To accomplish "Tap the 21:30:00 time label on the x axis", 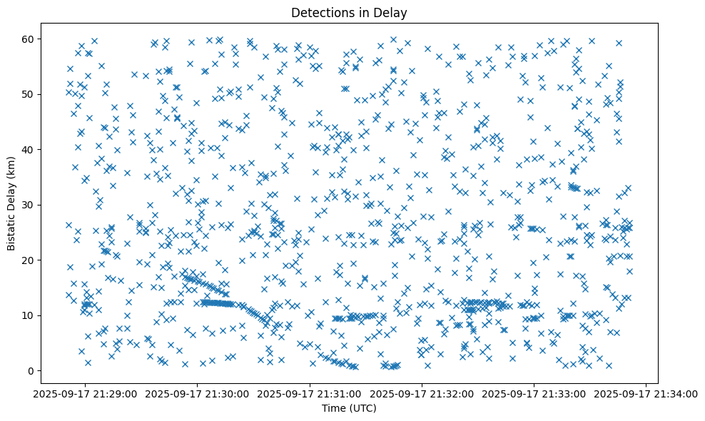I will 198,394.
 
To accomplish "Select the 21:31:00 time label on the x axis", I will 310,394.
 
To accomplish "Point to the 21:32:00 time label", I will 422,394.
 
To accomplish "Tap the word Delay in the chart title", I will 393,12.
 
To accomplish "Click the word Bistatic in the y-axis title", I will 12,229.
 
